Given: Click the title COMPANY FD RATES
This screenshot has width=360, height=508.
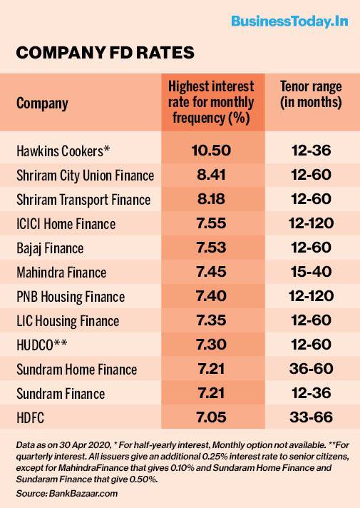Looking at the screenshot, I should pos(104,54).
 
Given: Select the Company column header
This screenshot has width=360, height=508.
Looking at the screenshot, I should pos(42,103).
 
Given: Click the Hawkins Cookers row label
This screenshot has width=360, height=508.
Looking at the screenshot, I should pos(63,151).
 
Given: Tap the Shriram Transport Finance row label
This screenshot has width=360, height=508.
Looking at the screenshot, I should pos(83,200).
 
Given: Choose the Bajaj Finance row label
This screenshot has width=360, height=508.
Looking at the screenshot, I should pos(50,248).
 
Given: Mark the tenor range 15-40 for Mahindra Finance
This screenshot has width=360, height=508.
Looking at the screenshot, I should pos(311,273).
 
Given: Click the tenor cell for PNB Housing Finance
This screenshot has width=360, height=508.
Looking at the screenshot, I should pos(311,297).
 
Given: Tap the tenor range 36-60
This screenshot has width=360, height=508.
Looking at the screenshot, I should pos(311,370).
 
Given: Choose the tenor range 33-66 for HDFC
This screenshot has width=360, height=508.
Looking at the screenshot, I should pos(311,418).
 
